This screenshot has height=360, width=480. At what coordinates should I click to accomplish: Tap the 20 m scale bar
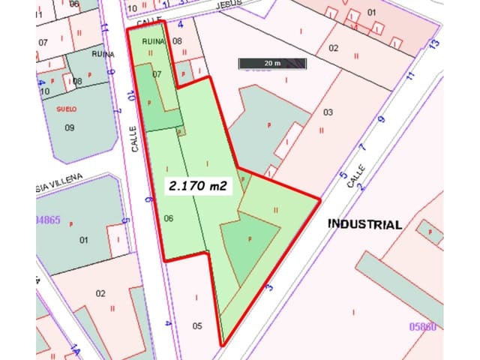(x=273, y=64)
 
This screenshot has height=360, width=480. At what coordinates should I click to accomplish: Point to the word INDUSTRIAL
(x=364, y=223)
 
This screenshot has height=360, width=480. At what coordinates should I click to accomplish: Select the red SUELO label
(x=67, y=108)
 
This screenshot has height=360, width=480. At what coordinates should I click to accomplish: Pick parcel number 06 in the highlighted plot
(x=169, y=218)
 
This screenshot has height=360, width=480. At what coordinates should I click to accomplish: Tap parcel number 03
(x=328, y=112)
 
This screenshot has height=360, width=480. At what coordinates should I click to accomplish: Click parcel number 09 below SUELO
(x=70, y=127)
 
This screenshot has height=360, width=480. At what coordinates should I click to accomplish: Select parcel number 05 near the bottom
(x=197, y=325)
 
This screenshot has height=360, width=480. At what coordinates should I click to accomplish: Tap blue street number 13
(x=433, y=45)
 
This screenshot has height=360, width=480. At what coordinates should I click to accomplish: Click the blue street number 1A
(x=74, y=350)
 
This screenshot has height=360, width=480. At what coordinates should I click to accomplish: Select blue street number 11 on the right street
(x=409, y=76)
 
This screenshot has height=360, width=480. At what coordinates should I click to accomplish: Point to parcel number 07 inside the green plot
(x=157, y=74)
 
